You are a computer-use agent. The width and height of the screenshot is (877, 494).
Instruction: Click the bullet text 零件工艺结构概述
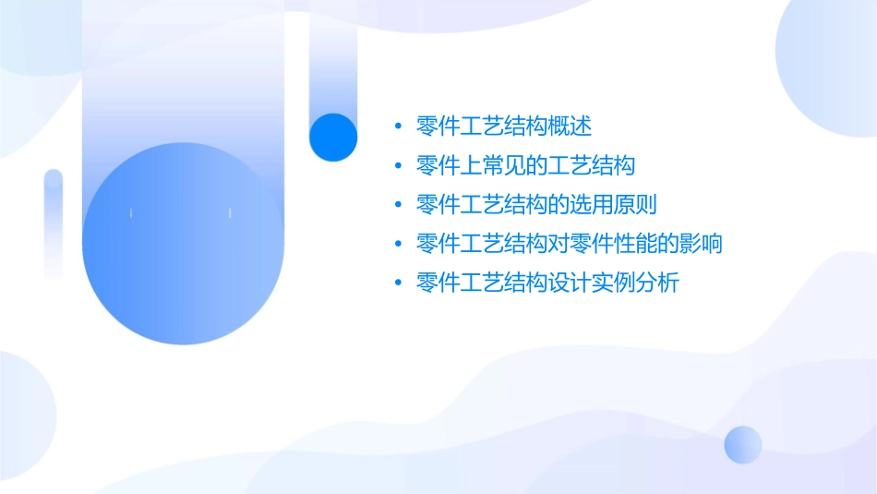click(x=503, y=126)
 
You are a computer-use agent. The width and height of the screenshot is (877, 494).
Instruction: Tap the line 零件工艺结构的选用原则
click(x=536, y=204)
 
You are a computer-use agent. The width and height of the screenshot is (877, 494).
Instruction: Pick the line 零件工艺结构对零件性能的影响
click(x=569, y=244)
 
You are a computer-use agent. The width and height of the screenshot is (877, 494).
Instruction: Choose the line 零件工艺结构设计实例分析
click(x=547, y=283)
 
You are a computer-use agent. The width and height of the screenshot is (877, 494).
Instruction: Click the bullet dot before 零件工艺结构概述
click(x=398, y=126)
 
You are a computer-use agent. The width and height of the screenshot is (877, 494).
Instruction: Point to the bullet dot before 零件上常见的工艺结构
click(x=398, y=165)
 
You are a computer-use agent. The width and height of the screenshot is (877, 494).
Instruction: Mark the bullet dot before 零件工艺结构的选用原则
click(x=398, y=205)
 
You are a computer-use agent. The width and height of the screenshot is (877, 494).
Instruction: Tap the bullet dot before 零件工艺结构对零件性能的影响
click(x=398, y=244)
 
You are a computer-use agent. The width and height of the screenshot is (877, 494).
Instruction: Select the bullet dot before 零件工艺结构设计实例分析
click(x=398, y=283)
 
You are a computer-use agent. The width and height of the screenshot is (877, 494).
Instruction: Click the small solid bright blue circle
click(x=333, y=137)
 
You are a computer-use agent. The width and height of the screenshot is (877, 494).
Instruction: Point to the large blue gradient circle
click(x=182, y=244)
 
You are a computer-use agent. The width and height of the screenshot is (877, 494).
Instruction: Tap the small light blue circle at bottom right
click(x=743, y=444)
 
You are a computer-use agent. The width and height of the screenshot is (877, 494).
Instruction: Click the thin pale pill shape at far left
click(x=54, y=222)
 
